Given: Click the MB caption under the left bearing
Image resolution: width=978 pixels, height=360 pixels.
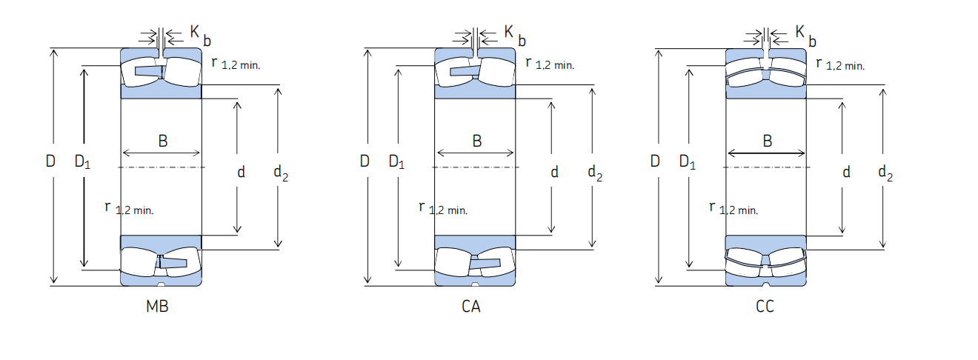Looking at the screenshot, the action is click(x=157, y=307).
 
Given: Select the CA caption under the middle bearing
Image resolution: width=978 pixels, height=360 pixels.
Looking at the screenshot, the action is click(x=471, y=307).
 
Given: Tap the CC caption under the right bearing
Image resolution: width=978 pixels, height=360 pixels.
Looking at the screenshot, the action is click(x=765, y=307).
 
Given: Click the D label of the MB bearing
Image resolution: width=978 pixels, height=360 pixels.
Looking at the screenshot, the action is click(x=50, y=161).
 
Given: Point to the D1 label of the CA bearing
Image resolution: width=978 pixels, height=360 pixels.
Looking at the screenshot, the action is click(x=396, y=161).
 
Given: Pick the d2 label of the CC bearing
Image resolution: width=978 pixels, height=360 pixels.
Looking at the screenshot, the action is click(x=885, y=173).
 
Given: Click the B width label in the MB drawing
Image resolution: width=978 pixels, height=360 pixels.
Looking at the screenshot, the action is click(x=163, y=141).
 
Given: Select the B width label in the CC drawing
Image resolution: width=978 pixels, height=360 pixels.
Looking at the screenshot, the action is click(x=768, y=141).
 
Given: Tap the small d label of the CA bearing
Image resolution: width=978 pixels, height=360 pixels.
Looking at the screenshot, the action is click(x=554, y=172).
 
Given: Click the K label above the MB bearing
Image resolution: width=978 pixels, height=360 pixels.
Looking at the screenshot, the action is click(x=195, y=31).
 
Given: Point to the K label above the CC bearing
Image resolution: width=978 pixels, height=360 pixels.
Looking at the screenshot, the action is click(x=800, y=31).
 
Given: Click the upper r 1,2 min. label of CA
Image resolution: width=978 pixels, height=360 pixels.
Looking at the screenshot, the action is click(x=550, y=64).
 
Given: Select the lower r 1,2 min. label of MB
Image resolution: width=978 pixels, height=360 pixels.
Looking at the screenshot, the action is click(x=129, y=208).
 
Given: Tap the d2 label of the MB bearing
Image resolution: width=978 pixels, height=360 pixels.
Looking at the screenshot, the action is click(x=281, y=173).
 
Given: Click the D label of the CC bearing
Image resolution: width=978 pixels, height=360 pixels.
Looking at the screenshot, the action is click(x=655, y=161).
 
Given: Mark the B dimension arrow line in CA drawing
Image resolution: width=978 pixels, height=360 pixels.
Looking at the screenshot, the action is click(x=476, y=153).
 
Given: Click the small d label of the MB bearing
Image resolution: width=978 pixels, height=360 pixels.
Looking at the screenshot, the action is click(x=241, y=172).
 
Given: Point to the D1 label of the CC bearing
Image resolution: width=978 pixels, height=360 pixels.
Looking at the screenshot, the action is click(x=688, y=161).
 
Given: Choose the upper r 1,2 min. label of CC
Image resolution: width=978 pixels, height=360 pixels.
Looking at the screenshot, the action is click(x=840, y=64).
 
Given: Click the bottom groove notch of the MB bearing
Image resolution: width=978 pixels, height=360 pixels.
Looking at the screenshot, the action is click(x=161, y=284).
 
